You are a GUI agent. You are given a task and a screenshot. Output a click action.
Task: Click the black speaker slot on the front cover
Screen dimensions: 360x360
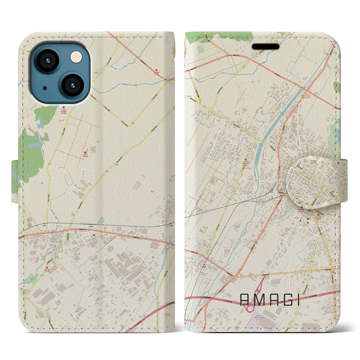pyautogui.click(x=265, y=47)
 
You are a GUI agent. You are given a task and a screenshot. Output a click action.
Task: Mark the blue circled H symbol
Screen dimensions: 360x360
pyautogui.click(x=153, y=257)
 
